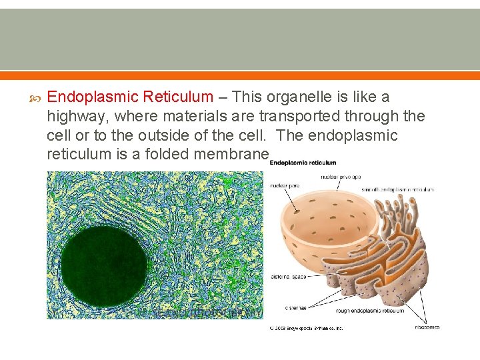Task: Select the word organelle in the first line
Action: point(321,97)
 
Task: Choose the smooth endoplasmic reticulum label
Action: point(397,190)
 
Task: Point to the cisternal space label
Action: point(288,276)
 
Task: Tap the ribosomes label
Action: point(427,327)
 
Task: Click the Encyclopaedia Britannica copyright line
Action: point(305,329)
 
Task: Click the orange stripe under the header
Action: point(240,75)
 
